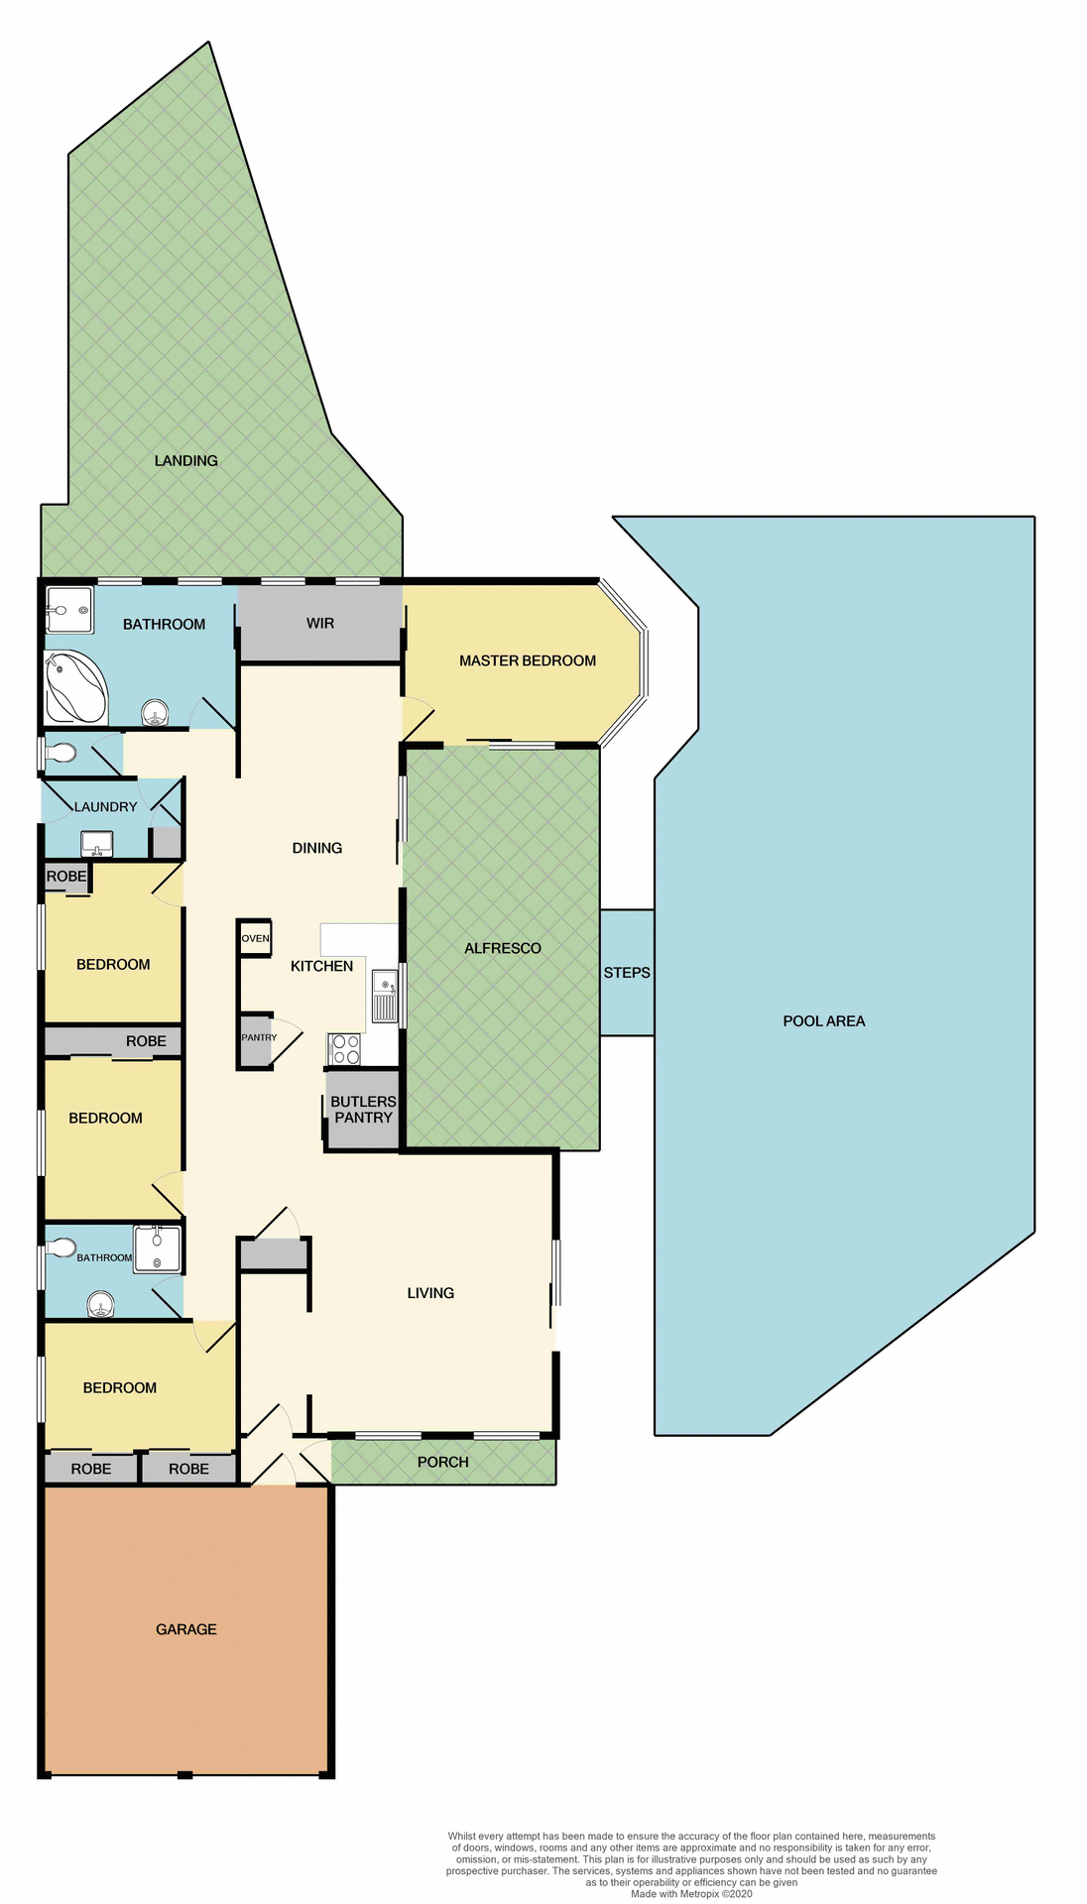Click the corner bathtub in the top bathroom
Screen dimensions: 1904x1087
point(74,686)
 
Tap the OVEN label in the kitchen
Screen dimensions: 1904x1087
point(255,938)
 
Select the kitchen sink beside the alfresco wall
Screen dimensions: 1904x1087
point(384,997)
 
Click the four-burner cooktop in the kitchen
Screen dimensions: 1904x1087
point(345,1049)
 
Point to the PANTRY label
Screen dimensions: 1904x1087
point(258,1037)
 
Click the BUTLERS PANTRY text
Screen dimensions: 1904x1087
point(363,1109)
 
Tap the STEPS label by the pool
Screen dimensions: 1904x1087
point(627,973)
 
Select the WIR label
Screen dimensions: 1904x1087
point(320,623)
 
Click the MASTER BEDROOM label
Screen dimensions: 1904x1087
point(527,660)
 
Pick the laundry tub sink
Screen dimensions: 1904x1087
point(97,844)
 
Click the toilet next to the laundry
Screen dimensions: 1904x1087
point(60,754)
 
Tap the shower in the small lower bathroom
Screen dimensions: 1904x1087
point(158,1249)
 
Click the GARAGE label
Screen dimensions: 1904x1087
point(185,1629)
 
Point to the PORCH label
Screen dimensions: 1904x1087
point(442,1462)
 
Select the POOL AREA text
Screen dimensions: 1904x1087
point(823,1020)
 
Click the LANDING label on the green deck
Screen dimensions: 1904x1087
point(185,460)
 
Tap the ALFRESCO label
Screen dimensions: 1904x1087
point(502,948)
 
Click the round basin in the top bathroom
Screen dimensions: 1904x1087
point(154,712)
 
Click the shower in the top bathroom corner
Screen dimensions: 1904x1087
point(69,610)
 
